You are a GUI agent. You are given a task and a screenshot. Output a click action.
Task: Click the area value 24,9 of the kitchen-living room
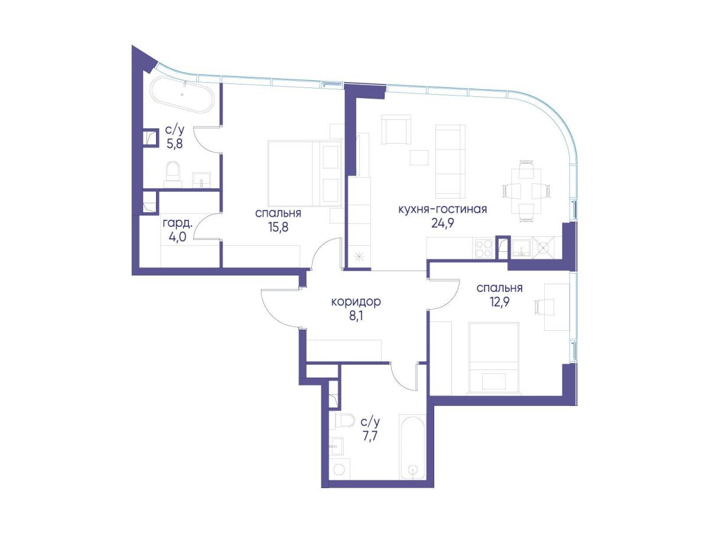click(443, 223)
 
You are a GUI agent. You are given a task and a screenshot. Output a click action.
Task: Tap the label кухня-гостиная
click(443, 209)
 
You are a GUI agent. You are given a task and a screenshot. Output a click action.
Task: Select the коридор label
click(356, 301)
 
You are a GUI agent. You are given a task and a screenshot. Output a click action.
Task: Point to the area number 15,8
click(278, 227)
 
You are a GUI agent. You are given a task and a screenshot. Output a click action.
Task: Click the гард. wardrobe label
click(177, 223)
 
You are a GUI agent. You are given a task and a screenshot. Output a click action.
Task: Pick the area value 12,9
click(499, 302)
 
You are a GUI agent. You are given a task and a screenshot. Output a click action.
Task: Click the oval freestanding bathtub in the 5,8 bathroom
click(183, 95)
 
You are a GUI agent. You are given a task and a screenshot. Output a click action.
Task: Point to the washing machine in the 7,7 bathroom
click(340, 469)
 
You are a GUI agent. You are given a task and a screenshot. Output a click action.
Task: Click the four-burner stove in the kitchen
click(483, 248)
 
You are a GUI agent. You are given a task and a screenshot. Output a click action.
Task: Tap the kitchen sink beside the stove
click(521, 248)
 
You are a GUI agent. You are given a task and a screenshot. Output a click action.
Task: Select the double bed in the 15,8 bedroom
click(305, 173)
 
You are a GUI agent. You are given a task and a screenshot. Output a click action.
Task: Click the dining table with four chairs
click(526, 191)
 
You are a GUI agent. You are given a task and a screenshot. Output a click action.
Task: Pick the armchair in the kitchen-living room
click(396, 129)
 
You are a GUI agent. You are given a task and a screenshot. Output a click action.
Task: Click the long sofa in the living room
click(450, 161)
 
